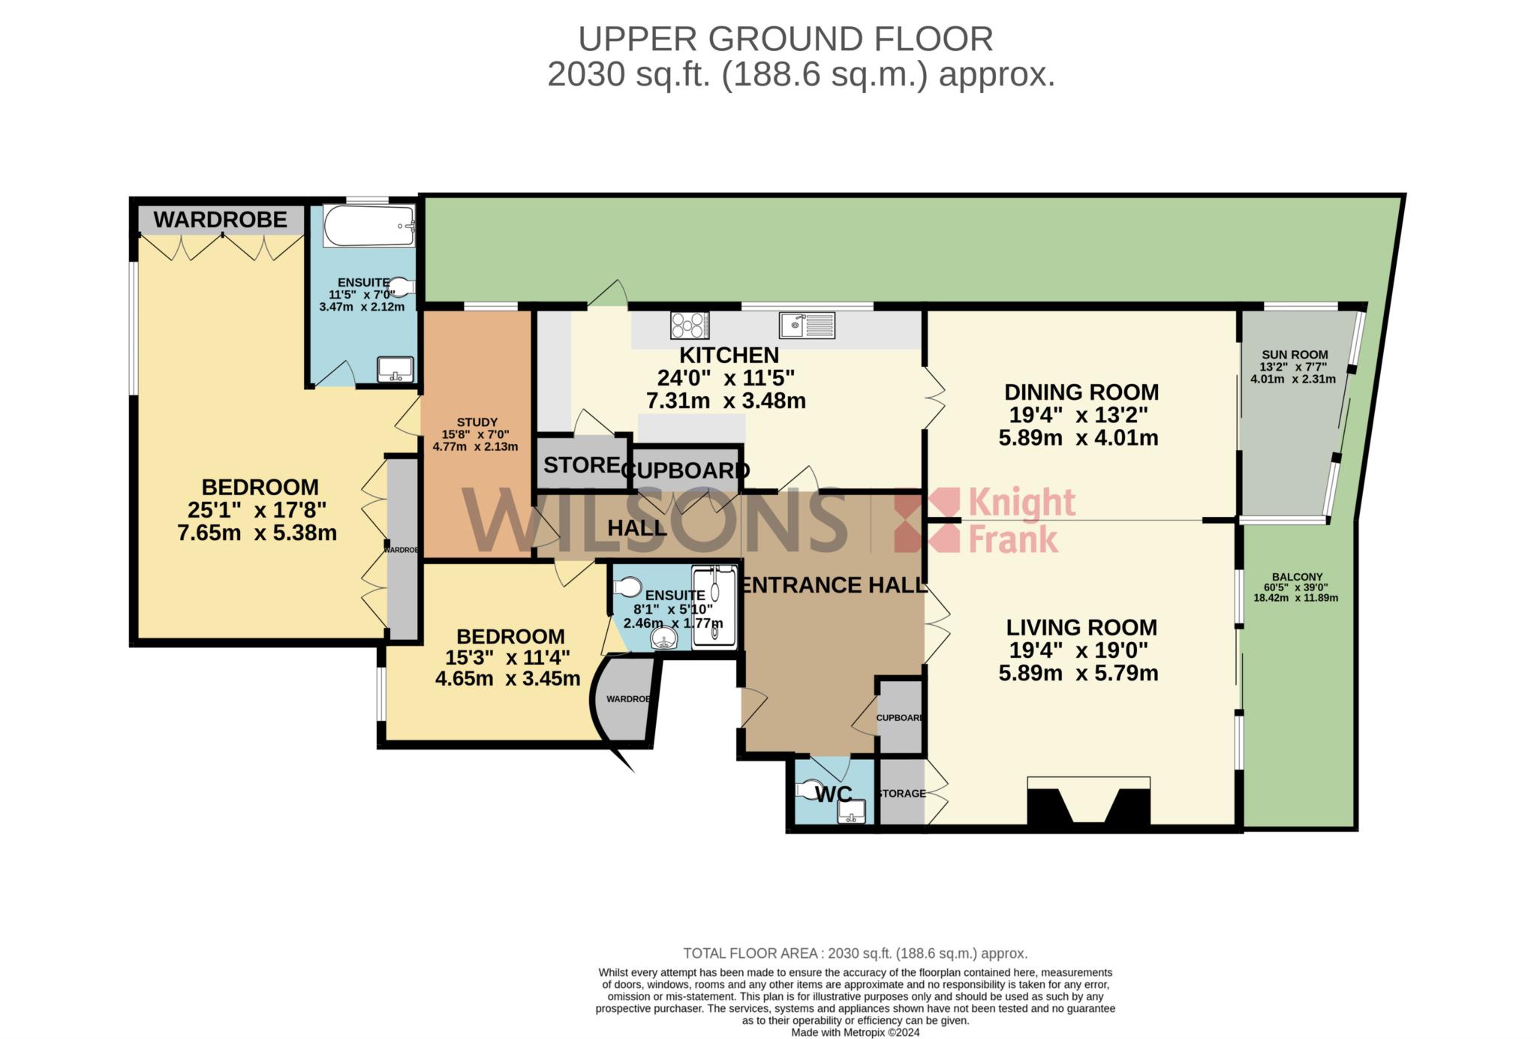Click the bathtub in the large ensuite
pos(369,226)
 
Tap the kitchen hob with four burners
pos(690,325)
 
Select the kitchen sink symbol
pos(807,325)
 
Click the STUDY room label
pos(477,422)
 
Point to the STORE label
pos(582,465)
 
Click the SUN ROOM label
pos(1295,355)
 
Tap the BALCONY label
pos(1298,577)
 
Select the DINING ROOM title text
pos(1081,392)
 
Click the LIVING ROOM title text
pos(1081,627)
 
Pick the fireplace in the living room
pos(1088,802)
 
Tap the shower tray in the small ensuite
pos(714,606)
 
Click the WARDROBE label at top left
pos(221,220)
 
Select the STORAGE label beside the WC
pos(901,794)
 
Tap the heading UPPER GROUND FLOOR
pos(785,39)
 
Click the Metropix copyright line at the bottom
pos(856,1032)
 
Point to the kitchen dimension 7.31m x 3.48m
pos(726,401)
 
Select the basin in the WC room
pos(851,811)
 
